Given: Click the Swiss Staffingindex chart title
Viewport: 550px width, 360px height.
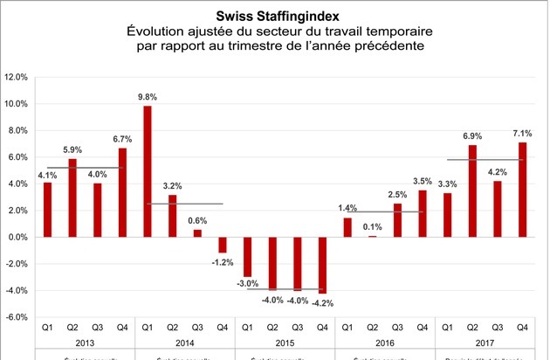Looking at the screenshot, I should point(275,15).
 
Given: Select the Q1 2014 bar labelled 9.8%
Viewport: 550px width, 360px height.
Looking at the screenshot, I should point(148,171).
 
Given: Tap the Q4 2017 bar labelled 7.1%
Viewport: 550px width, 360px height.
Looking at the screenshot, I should point(522,190).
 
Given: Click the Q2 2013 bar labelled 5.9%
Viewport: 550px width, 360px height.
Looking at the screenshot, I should point(72,197).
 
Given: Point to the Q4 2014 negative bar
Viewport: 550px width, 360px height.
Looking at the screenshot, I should point(222,245).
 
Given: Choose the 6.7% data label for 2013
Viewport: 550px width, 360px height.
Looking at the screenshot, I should point(122,139).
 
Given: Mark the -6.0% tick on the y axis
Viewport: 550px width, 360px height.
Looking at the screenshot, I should point(17,317).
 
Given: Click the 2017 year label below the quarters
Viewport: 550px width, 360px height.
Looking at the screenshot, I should point(485,342).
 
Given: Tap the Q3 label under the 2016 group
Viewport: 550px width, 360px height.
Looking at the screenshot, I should point(397,328).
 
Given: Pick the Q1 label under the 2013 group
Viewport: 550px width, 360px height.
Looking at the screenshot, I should point(47,328).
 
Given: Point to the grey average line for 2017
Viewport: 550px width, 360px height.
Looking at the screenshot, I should point(485,160).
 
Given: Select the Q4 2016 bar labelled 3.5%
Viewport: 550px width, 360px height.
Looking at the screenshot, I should point(423,213).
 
